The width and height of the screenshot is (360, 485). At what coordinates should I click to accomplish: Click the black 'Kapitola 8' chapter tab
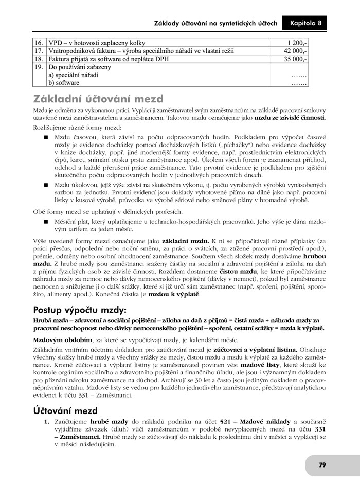click(305, 23)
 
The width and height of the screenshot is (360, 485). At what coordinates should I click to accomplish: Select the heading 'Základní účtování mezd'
click(98, 99)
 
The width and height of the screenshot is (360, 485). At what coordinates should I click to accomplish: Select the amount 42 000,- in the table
click(295, 51)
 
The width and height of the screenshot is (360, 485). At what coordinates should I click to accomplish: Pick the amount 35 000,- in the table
click(295, 59)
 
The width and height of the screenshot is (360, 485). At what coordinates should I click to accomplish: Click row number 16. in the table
click(39, 43)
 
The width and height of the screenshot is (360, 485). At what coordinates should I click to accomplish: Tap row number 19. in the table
click(39, 67)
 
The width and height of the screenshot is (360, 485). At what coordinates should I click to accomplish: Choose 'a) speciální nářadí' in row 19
click(74, 75)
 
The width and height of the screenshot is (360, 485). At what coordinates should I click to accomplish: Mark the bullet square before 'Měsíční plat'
click(46, 221)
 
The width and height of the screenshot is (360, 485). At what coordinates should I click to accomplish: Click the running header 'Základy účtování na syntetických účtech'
click(215, 23)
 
